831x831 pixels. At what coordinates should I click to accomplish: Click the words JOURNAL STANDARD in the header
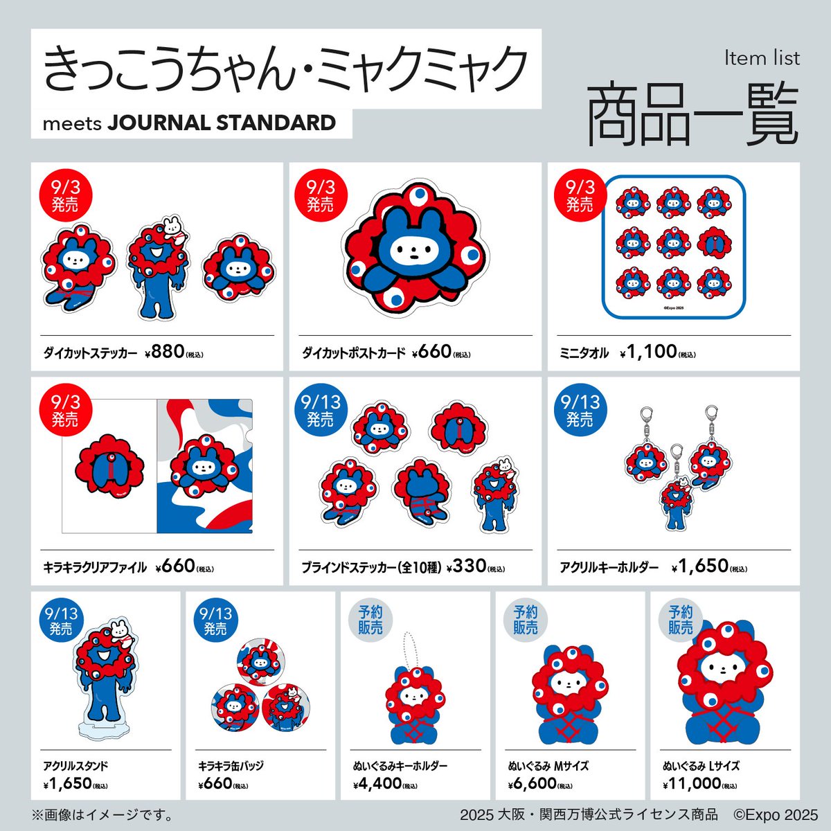coord(222,123)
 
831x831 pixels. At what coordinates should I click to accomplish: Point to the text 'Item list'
coord(762,58)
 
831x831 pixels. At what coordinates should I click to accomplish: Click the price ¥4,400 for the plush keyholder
coord(377,783)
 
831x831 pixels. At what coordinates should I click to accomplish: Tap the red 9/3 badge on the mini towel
coord(580,196)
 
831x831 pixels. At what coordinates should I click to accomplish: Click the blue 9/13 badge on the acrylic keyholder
coord(580,411)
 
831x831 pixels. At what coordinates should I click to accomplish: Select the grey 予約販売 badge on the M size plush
coord(526,620)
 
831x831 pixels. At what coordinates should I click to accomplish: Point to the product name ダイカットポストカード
coord(353,353)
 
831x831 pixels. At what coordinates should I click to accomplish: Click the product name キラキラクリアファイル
coord(95,568)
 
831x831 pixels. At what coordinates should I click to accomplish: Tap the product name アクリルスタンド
coord(75,766)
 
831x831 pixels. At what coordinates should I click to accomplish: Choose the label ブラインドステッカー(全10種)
coord(371,568)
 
